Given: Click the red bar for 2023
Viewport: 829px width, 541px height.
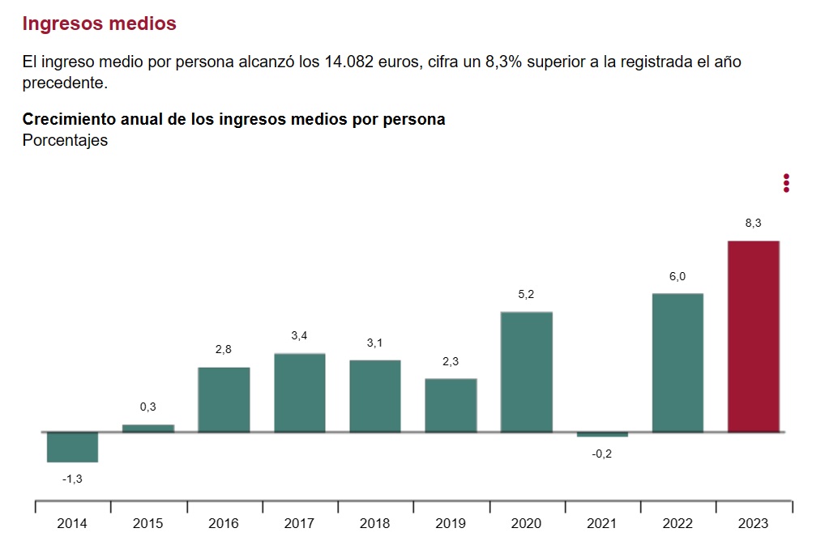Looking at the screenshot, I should [754, 336].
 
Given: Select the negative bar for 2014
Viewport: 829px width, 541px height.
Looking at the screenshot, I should [72, 447].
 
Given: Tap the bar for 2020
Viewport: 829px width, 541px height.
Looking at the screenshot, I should [527, 372].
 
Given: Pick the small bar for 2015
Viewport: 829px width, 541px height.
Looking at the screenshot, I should [148, 428].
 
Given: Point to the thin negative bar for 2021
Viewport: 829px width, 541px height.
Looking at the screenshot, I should [602, 435].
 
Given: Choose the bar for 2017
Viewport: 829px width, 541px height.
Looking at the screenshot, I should [300, 393].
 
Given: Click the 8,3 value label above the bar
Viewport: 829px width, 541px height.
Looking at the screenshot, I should [754, 224].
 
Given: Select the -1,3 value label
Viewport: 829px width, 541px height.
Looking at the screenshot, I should [72, 479].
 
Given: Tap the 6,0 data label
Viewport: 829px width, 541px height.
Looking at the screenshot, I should [677, 276].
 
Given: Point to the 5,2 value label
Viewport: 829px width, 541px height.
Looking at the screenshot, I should [527, 295].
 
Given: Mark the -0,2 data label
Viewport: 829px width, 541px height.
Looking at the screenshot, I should [602, 453].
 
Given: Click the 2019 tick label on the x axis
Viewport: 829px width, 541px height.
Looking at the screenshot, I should [451, 523].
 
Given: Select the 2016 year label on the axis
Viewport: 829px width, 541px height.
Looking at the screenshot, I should [224, 523].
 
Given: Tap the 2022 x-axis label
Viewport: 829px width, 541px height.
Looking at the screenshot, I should [678, 523].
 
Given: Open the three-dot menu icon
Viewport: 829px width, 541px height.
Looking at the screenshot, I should [786, 183].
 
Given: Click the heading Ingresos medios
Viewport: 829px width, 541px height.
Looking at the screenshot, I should [100, 23].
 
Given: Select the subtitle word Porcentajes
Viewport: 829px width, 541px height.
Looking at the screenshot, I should [65, 140].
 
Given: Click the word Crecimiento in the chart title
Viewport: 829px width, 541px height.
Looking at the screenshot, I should [68, 119].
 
